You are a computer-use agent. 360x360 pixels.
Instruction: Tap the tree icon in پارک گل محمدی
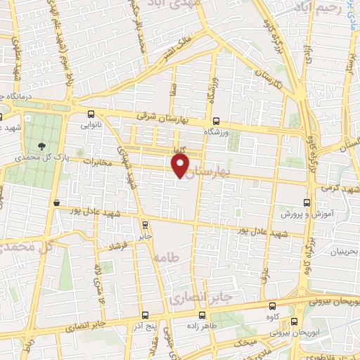click(x=43, y=146)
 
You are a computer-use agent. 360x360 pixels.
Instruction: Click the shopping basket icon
click(x=56, y=203)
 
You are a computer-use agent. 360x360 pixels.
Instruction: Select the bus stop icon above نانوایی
click(x=90, y=115)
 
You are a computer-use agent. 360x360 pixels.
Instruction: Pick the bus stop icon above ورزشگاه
click(x=216, y=120)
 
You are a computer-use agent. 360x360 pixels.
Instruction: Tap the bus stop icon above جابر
click(x=145, y=226)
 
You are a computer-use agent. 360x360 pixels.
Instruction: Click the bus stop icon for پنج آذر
click(x=145, y=315)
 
